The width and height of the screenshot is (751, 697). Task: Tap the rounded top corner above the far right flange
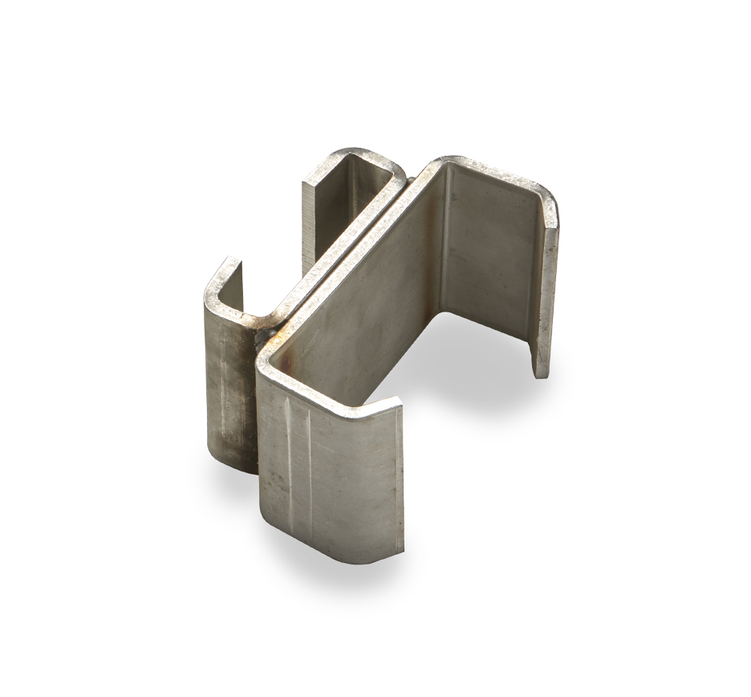[x=546, y=197]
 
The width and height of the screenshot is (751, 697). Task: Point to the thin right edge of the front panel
[x=399, y=482]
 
